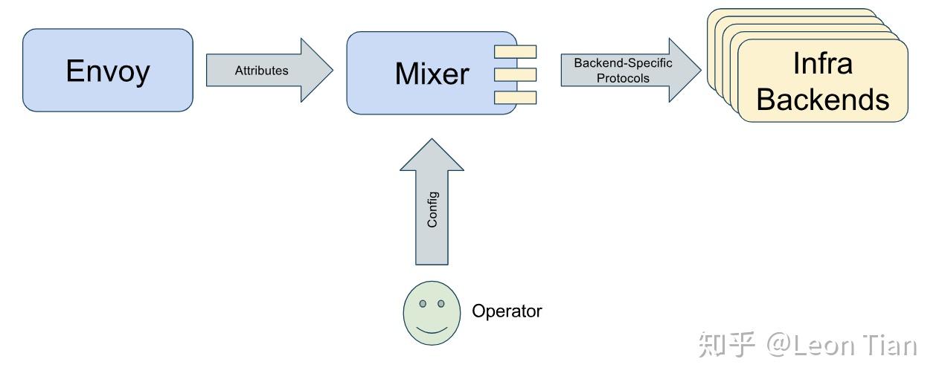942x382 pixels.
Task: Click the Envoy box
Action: pos(108,70)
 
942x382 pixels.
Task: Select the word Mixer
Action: pos(432,74)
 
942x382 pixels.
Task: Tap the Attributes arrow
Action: pos(269,70)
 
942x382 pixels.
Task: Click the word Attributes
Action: pos(262,71)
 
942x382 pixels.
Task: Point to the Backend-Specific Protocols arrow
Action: pos(631,70)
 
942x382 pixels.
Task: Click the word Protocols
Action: pos(623,78)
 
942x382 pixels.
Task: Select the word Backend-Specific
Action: pos(623,63)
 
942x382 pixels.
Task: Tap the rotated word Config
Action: pos(432,210)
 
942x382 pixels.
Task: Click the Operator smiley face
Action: pos(432,313)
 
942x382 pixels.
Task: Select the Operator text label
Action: pos(507,311)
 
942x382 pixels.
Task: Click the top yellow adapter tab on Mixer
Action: pos(515,52)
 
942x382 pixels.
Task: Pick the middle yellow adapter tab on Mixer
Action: pos(515,75)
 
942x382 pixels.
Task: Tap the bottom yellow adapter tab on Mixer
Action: pos(515,97)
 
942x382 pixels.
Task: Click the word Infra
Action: pos(823,63)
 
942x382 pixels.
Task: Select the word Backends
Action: pos(823,100)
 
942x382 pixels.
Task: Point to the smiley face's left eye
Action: pos(423,303)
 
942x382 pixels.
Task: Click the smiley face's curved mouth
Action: pos(432,329)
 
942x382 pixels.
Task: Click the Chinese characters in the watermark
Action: pos(727,345)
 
